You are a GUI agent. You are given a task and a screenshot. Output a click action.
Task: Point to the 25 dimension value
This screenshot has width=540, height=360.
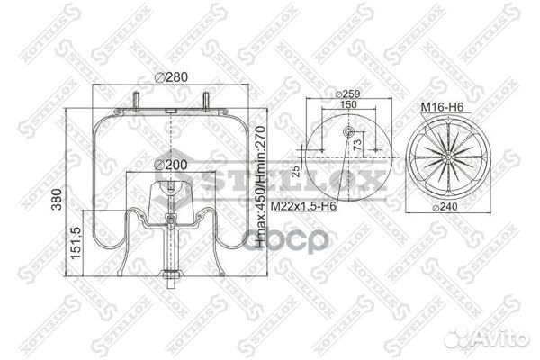[x=297, y=170]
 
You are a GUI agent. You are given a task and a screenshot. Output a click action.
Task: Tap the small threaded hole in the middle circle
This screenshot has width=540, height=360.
[x=349, y=133]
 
